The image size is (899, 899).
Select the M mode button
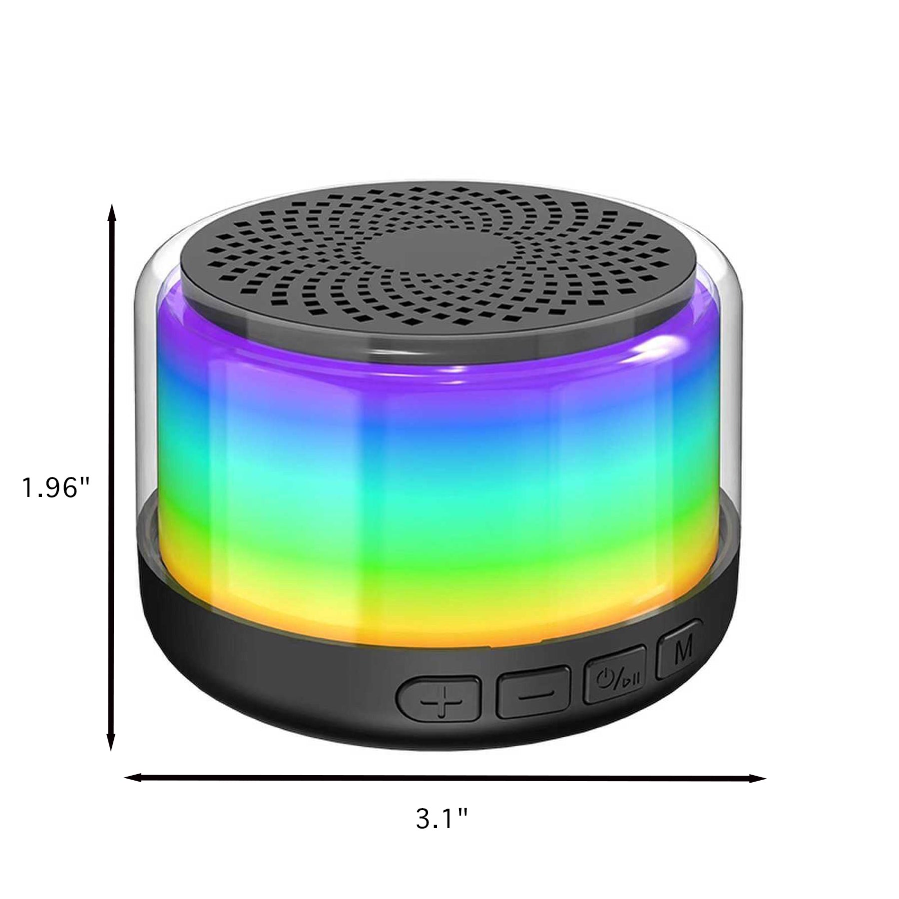tap(681, 648)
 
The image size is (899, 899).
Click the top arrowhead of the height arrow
tap(112, 213)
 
